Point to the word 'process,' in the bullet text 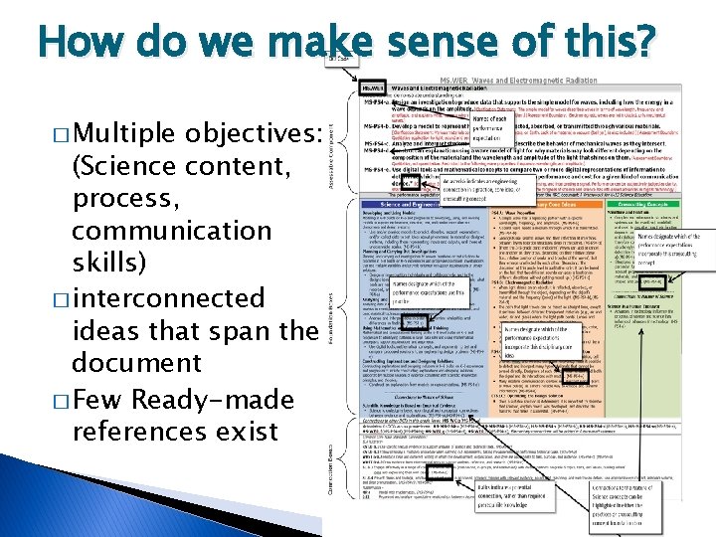pyautogui.click(x=115, y=198)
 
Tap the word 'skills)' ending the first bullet pyautogui.click(x=107, y=264)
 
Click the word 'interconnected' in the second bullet pyautogui.click(x=168, y=297)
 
